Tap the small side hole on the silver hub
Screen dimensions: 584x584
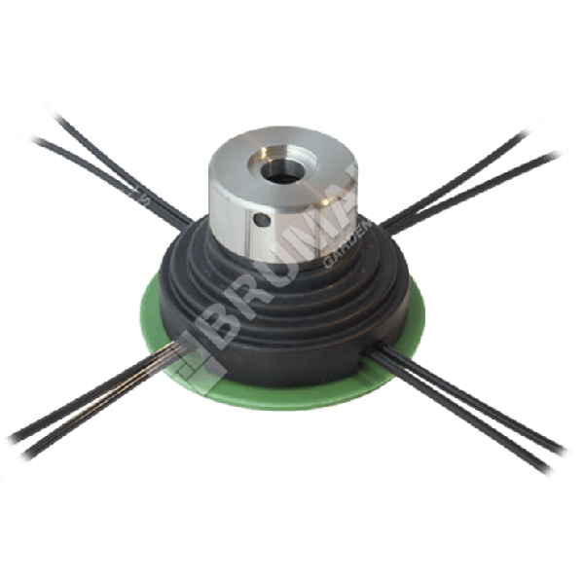pos(260,221)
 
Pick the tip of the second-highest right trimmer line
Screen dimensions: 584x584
pos(564,150)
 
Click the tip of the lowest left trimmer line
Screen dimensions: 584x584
pos(21,458)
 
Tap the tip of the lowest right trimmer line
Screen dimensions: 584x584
pos(551,474)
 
